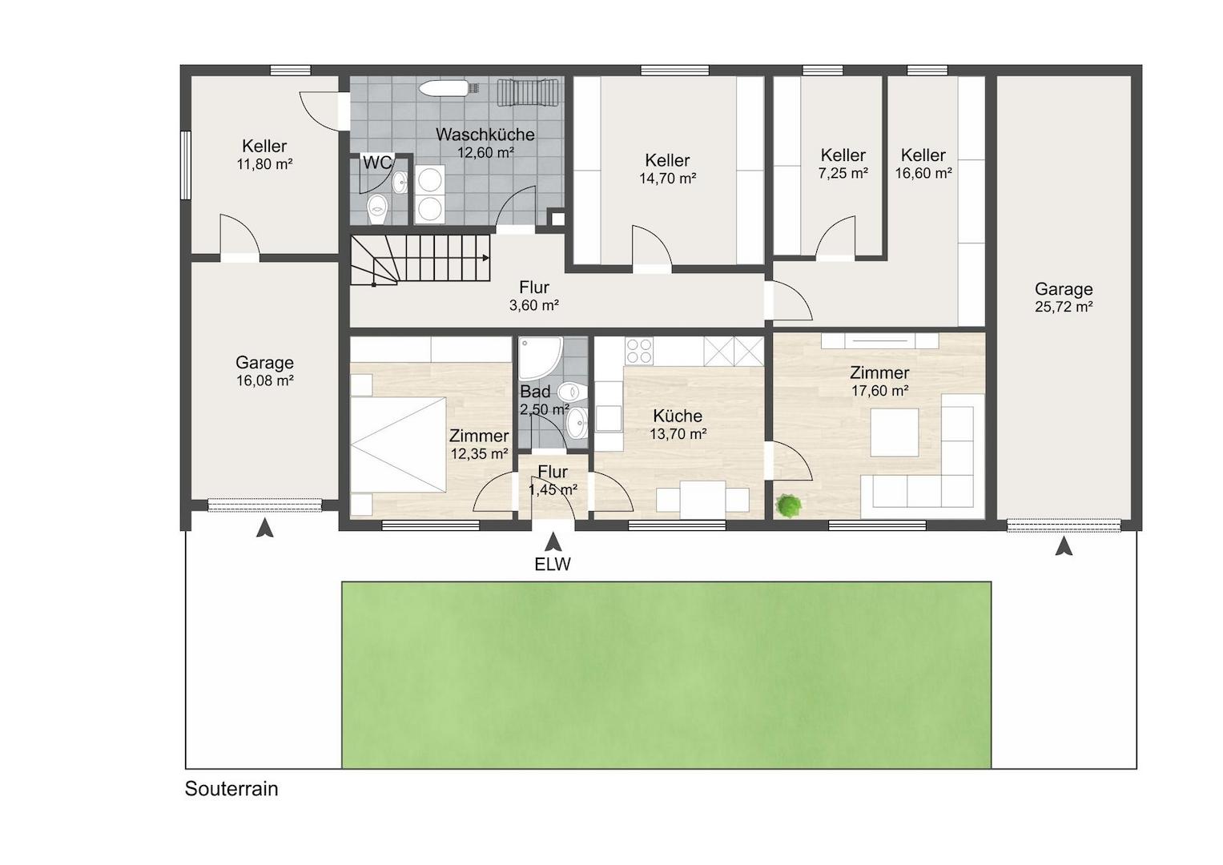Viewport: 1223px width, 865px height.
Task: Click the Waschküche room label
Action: point(485,135)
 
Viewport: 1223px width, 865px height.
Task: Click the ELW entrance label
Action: point(553,564)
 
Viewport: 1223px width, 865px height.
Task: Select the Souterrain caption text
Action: point(231,789)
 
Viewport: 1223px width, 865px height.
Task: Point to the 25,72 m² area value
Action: point(1064,307)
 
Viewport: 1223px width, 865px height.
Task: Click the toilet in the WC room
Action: point(377,209)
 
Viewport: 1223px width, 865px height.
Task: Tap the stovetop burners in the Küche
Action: point(639,351)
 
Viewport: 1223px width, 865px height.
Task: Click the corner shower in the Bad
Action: point(540,358)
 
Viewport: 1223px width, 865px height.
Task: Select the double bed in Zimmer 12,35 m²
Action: point(399,445)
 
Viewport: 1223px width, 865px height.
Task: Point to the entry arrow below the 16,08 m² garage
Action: point(265,528)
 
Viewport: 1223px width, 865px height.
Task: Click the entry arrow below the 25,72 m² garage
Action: point(1063,546)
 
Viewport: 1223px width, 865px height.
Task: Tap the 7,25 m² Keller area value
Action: point(843,173)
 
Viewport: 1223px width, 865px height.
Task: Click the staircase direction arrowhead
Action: point(485,258)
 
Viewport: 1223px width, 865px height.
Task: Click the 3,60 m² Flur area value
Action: point(534,305)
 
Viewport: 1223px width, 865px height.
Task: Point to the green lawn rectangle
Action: point(666,675)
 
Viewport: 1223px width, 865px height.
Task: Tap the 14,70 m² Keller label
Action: point(667,160)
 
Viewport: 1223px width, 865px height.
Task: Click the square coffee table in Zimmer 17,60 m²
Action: point(895,432)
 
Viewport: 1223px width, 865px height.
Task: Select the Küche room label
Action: point(678,416)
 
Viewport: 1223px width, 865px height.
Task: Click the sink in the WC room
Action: point(400,183)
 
